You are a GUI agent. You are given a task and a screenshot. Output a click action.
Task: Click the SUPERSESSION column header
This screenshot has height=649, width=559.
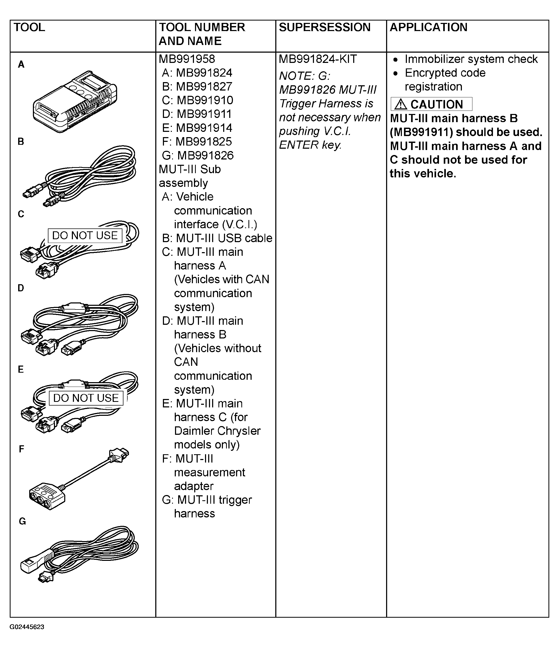click(325, 28)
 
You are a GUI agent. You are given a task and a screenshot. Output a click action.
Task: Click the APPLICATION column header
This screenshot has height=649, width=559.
click(428, 28)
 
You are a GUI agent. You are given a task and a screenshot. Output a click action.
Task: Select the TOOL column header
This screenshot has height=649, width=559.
click(29, 28)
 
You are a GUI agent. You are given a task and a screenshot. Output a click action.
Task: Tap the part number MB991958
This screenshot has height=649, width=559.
click(187, 59)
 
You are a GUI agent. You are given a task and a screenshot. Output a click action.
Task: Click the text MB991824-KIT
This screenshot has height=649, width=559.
click(318, 59)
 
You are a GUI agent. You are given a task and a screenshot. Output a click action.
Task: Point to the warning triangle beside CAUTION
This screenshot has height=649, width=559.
click(401, 104)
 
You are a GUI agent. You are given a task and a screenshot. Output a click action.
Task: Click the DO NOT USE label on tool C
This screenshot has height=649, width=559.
click(85, 236)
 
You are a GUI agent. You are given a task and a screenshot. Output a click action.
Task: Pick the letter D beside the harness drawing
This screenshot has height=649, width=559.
click(21, 288)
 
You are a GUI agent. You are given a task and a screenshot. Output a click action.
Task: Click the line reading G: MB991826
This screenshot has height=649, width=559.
click(198, 155)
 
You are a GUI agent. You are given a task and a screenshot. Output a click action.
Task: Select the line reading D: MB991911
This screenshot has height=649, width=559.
click(197, 114)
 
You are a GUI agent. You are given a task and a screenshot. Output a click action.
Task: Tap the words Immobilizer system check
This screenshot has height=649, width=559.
click(471, 59)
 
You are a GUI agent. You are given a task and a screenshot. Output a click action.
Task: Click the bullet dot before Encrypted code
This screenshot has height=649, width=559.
click(396, 73)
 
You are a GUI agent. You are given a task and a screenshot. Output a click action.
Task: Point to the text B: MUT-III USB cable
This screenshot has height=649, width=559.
click(217, 238)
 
